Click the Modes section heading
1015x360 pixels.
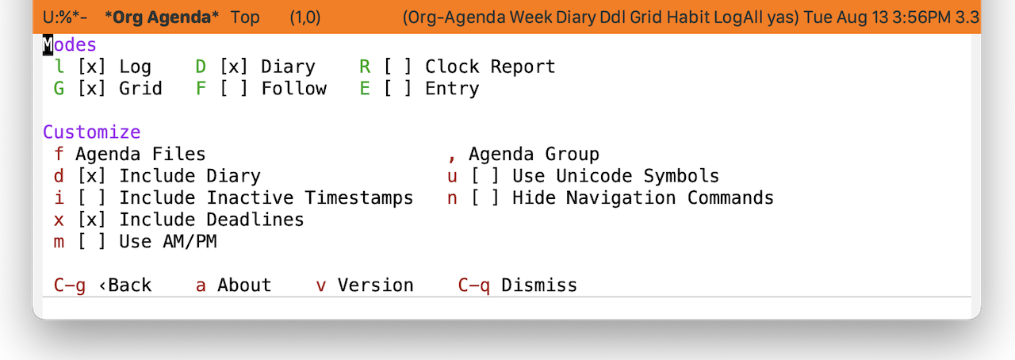coord(70,45)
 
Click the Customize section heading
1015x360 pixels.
coord(92,132)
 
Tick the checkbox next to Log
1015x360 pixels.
coord(92,67)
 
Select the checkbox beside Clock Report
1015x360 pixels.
coord(398,67)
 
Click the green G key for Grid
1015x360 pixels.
coord(59,88)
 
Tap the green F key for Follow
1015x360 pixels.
coord(201,88)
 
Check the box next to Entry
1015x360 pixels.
coord(398,88)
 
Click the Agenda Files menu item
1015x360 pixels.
coord(140,155)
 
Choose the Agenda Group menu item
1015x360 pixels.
coord(534,155)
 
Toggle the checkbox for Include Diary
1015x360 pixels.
coord(92,176)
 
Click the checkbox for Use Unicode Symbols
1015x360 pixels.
coord(485,176)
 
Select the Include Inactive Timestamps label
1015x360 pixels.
coord(266,198)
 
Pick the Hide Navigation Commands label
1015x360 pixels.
coord(643,198)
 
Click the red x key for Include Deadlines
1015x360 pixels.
coord(59,220)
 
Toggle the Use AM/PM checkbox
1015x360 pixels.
coord(92,242)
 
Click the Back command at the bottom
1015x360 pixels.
coord(125,285)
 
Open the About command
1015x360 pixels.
coord(244,285)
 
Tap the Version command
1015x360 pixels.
coord(376,285)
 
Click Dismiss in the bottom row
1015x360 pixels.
coord(539,285)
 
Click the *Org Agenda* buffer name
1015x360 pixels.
coord(162,17)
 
